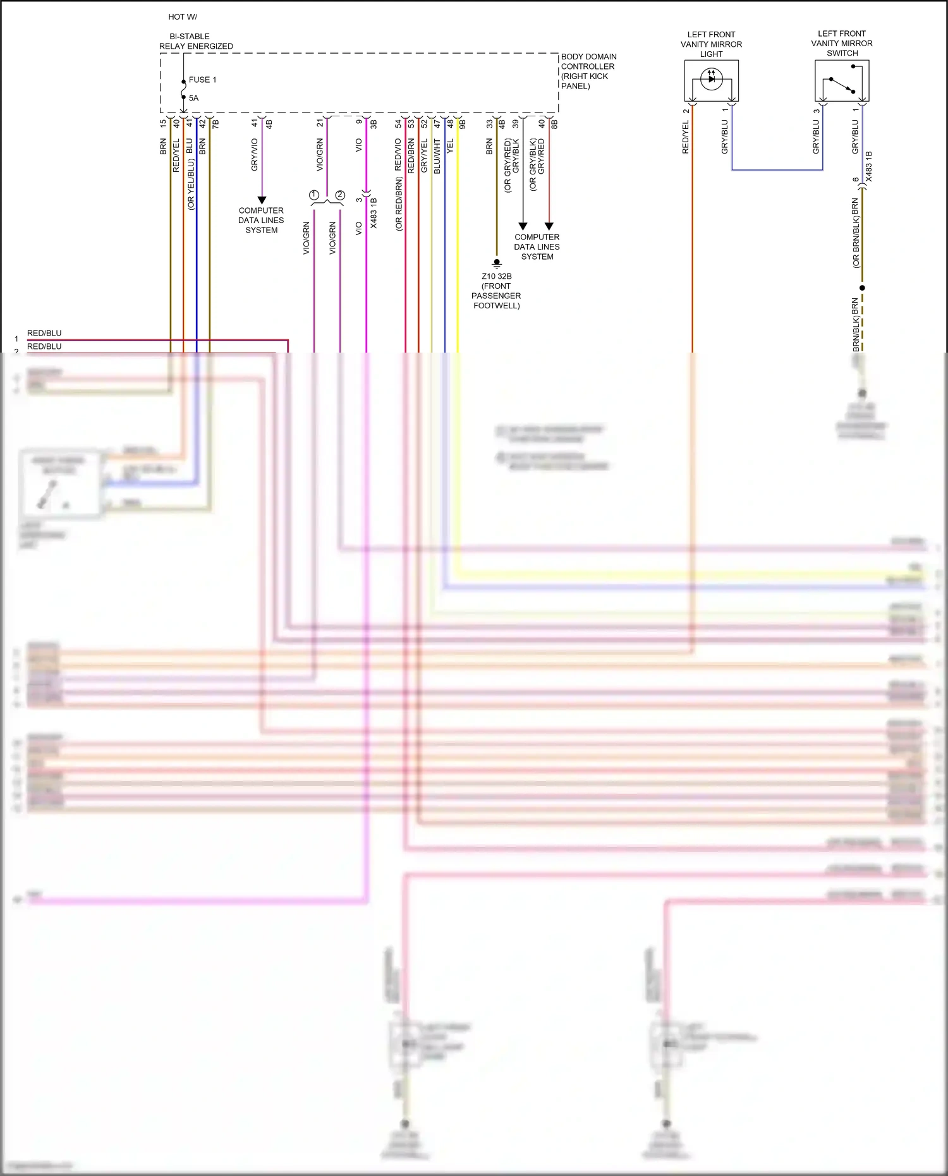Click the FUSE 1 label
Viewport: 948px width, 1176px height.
(202, 80)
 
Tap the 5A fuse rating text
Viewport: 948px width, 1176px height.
(193, 98)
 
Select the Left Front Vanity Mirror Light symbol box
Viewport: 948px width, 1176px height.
(711, 80)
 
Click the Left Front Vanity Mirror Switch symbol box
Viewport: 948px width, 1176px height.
(842, 80)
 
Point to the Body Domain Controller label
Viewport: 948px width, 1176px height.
(588, 71)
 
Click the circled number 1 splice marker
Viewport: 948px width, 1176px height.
(314, 195)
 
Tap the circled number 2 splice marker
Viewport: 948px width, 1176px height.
(340, 195)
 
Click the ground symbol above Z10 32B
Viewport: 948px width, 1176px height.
(497, 262)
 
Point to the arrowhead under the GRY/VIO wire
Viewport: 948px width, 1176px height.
(262, 200)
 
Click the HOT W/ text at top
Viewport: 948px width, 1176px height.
(183, 17)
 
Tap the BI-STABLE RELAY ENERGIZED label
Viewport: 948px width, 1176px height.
(195, 41)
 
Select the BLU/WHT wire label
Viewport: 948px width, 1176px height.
(437, 157)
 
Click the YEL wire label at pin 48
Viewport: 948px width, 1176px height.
(450, 147)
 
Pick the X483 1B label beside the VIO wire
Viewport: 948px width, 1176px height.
(374, 213)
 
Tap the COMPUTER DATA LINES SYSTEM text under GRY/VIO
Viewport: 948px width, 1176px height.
(261, 221)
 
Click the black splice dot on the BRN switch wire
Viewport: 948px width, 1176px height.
(862, 288)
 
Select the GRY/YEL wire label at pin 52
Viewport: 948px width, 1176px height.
(424, 155)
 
